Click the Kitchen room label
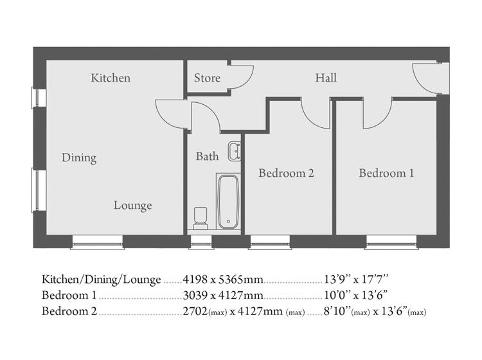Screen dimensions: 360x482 [x=111, y=78]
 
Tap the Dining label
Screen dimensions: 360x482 [x=79, y=157]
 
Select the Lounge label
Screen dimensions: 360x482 [x=133, y=206]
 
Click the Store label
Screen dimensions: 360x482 [x=207, y=78]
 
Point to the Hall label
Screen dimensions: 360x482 [x=326, y=78]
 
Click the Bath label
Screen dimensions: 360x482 [x=207, y=156]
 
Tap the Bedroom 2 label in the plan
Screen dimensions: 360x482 [x=286, y=173]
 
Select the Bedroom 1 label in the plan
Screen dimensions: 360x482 [x=386, y=173]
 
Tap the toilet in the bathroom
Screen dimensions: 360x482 [x=201, y=218]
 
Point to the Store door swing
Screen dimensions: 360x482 [x=241, y=77]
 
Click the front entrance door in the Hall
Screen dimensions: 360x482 [x=426, y=78]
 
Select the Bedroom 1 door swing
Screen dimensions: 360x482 [x=375, y=113]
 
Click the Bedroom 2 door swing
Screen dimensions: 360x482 [x=314, y=113]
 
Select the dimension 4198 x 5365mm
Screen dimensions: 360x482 [x=223, y=280]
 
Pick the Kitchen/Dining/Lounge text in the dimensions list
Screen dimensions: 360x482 [x=102, y=280]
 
